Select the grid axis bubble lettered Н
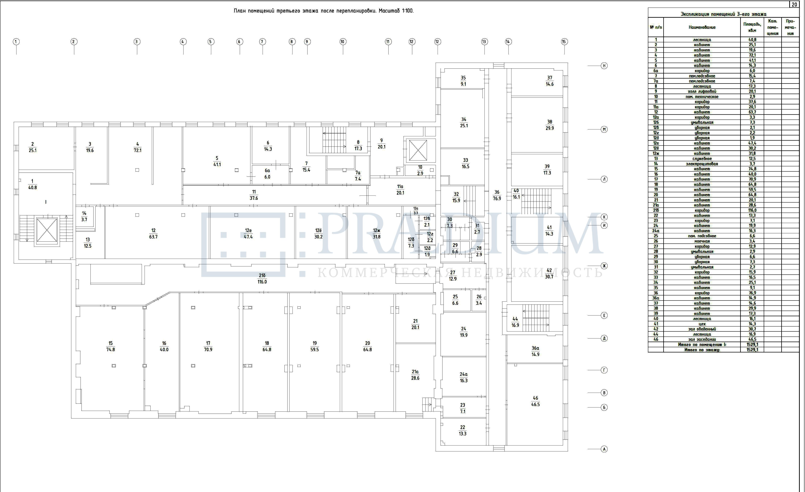click(x=604, y=66)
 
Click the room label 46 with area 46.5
click(x=536, y=401)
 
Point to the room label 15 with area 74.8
click(x=110, y=346)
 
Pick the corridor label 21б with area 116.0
click(x=262, y=279)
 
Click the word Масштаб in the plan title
click(x=389, y=11)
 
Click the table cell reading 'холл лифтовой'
click(x=702, y=91)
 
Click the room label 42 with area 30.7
click(x=549, y=274)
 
